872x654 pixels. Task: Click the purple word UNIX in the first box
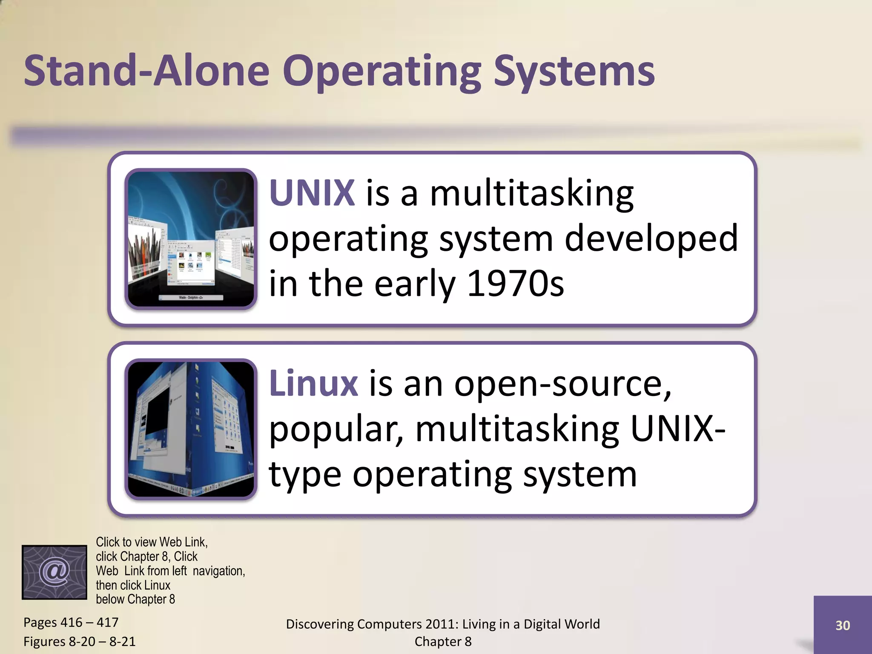click(x=312, y=193)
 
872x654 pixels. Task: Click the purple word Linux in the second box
click(x=314, y=383)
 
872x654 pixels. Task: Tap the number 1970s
click(x=515, y=284)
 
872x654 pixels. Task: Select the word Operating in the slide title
click(x=382, y=71)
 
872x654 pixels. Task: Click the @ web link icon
click(x=54, y=572)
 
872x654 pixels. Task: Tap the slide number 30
click(x=842, y=625)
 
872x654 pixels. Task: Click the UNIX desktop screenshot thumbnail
click(x=191, y=239)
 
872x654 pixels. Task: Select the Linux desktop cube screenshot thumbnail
click(x=191, y=429)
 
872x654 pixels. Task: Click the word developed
click(x=651, y=238)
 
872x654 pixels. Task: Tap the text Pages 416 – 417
click(x=71, y=622)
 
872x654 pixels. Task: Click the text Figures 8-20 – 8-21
click(x=79, y=641)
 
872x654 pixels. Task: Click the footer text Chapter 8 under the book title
click(x=443, y=641)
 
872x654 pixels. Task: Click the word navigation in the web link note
click(x=219, y=571)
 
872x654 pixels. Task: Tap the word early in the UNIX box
click(x=415, y=284)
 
